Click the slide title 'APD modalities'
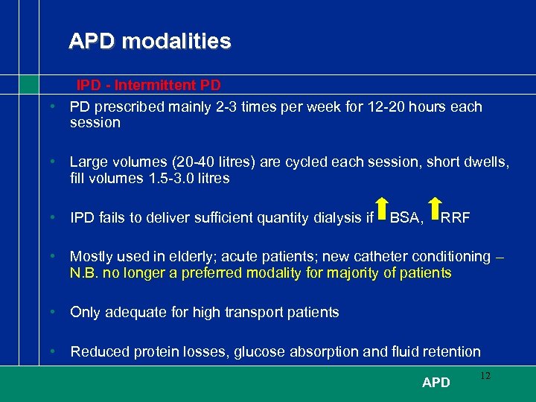150,41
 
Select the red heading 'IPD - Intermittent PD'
149,86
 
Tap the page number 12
485,376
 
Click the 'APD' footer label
435,383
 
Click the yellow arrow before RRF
435,210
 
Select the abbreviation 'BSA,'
407,218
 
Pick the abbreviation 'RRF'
456,218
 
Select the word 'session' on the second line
95,123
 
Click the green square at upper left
28,84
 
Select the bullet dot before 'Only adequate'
54,313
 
